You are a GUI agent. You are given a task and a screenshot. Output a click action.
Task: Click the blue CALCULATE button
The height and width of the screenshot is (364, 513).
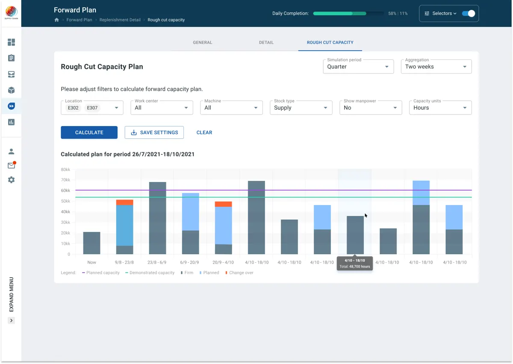[x=89, y=132]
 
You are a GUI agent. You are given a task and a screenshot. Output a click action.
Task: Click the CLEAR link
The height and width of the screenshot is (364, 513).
[x=204, y=132]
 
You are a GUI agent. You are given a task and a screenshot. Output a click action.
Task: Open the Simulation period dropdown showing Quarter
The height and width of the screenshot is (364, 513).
[x=358, y=67]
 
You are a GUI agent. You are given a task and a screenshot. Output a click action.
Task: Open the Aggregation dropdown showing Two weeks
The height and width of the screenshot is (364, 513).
[x=436, y=67]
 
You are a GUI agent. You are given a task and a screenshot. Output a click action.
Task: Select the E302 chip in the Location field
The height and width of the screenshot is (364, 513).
[x=73, y=108]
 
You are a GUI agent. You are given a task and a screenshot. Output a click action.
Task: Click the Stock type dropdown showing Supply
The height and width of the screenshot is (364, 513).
[x=301, y=108]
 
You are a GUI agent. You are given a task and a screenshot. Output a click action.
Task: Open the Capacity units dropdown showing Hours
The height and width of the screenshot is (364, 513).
[x=440, y=108]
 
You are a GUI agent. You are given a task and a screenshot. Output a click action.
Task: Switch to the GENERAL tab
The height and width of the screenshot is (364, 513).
[x=203, y=42]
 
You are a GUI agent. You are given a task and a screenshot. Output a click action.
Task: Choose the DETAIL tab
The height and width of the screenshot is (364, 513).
[x=266, y=42]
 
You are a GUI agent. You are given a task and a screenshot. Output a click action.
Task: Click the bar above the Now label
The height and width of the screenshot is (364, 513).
[x=91, y=243]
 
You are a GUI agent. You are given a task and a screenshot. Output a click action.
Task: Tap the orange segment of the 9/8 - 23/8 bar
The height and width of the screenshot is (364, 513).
[x=124, y=203]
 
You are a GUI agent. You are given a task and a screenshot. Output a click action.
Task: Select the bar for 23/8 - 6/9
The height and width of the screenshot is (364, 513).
[x=158, y=218]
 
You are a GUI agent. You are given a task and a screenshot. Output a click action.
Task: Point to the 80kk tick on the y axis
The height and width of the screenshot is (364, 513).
[x=65, y=170]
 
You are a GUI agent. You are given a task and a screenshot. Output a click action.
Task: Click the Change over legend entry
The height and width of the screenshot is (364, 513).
[x=239, y=273]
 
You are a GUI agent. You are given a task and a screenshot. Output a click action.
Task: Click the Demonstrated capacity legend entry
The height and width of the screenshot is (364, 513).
[x=150, y=273]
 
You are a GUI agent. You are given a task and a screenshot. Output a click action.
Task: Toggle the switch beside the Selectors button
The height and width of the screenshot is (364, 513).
[x=469, y=14]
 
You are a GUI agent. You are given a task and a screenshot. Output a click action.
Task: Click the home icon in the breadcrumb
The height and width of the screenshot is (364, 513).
[x=56, y=20]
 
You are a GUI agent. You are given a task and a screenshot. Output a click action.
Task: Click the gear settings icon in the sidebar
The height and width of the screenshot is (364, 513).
[x=11, y=180]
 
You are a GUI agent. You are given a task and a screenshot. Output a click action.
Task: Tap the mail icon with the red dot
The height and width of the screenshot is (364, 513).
[x=12, y=165]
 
